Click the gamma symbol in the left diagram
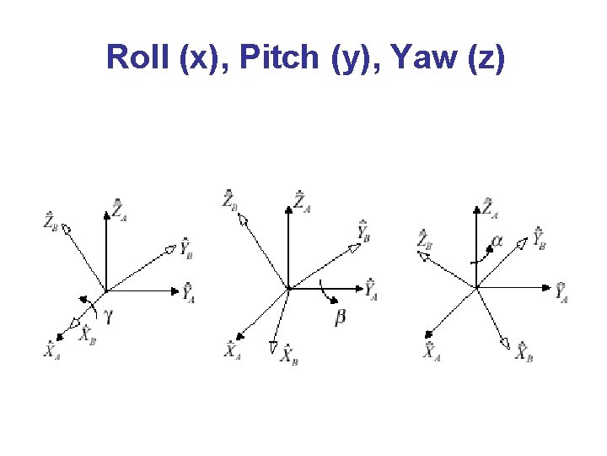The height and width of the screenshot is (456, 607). [x=107, y=317]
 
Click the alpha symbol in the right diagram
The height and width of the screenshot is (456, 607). [x=497, y=241]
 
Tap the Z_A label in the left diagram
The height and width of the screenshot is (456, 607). [x=120, y=210]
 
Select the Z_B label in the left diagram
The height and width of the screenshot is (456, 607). [x=52, y=221]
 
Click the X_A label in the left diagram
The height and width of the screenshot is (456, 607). [x=52, y=349]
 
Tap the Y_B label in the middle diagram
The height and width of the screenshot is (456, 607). [x=364, y=231]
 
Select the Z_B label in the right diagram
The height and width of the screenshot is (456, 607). [x=424, y=240]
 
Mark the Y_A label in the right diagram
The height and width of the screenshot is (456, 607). [x=562, y=292]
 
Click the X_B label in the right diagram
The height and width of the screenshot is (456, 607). [x=524, y=351]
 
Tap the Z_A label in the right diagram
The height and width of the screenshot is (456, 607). [x=490, y=207]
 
